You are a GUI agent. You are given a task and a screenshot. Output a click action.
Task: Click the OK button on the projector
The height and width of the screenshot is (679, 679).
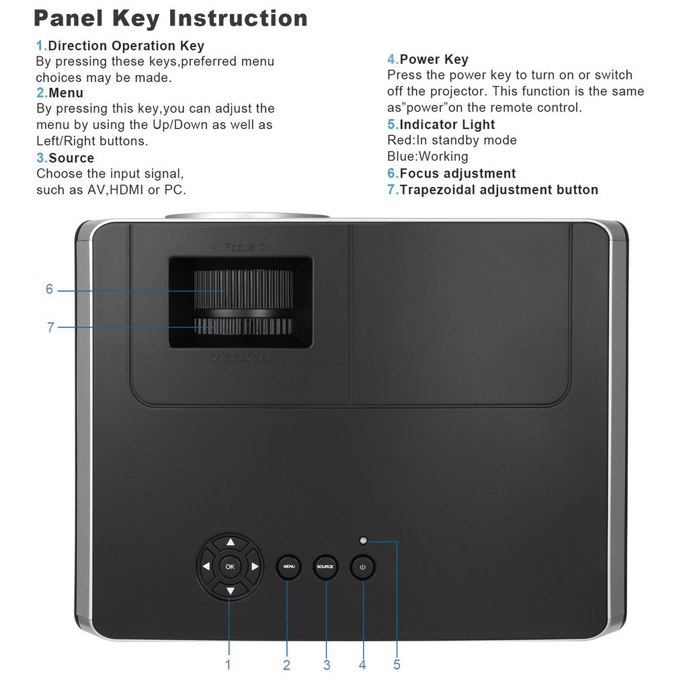tap(230, 567)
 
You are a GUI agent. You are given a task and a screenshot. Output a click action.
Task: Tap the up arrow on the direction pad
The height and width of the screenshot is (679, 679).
tap(230, 542)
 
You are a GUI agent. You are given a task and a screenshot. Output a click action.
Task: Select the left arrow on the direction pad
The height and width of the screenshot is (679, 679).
tap(206, 567)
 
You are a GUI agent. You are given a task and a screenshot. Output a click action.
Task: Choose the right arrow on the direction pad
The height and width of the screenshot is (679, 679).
tap(255, 567)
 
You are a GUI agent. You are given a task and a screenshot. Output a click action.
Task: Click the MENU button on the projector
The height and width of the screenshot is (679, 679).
tap(289, 567)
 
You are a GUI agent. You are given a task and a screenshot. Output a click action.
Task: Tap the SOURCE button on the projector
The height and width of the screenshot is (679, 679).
tap(325, 567)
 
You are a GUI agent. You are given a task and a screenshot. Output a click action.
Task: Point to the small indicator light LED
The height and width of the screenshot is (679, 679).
tap(363, 541)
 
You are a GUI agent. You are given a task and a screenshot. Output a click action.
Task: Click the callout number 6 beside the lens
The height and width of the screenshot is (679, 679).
tap(49, 289)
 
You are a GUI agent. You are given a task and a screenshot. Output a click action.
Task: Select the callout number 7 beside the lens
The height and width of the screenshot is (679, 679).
tap(50, 327)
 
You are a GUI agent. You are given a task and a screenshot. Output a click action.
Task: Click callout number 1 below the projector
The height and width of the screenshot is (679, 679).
tap(228, 664)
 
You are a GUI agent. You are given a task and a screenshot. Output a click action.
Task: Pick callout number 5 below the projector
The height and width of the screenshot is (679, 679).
tap(397, 664)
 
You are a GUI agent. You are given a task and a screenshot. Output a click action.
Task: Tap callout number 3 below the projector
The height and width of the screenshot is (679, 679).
tap(327, 664)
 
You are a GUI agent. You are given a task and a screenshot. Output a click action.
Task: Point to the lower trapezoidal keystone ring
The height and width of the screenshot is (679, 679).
tap(243, 327)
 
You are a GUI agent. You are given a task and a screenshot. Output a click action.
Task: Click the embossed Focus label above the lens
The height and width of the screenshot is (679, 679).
tap(239, 247)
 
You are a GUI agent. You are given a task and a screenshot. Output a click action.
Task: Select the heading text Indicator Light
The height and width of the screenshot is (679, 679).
tap(447, 124)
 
